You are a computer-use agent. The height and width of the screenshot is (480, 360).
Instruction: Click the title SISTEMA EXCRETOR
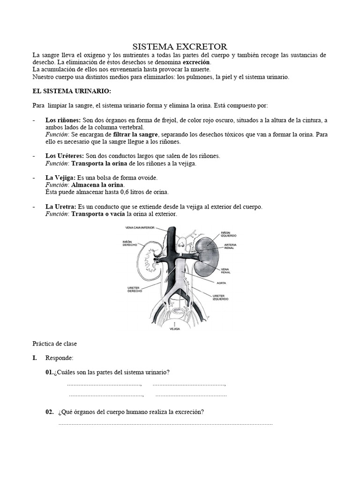tap(180, 46)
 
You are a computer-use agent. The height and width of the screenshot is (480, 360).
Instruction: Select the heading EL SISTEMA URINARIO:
tap(71, 90)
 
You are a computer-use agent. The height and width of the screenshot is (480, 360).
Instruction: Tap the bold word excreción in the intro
tap(196, 62)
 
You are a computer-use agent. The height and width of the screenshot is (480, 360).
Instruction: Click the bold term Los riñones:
tap(63, 120)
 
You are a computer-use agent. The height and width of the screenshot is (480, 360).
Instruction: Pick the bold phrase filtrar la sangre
tap(135, 135)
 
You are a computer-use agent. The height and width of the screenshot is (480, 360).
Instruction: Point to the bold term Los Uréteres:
tap(65, 156)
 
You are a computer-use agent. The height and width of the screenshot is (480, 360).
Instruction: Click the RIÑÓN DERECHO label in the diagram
tap(129, 244)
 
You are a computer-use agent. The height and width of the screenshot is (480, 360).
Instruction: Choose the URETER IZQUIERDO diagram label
tap(221, 298)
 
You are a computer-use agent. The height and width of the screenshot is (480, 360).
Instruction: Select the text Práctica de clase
tap(54, 344)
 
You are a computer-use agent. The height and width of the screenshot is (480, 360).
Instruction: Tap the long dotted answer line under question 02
tap(165, 424)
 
